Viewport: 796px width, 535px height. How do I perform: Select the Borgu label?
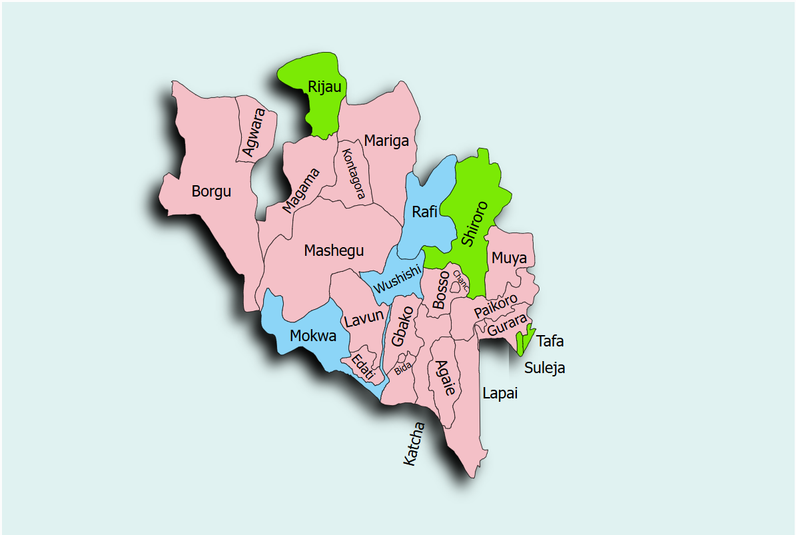click(x=211, y=192)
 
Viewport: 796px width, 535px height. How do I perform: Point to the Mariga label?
click(x=386, y=141)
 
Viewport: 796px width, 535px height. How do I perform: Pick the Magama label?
click(x=300, y=190)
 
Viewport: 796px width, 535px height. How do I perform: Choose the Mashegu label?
click(x=334, y=251)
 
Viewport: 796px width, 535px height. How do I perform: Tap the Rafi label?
click(x=424, y=213)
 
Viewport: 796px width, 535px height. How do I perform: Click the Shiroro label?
click(x=474, y=223)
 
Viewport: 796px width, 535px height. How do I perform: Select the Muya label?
click(x=509, y=258)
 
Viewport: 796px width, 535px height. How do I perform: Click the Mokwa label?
click(x=313, y=336)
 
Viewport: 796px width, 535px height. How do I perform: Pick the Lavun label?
click(x=364, y=318)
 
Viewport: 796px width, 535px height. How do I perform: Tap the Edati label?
click(x=364, y=366)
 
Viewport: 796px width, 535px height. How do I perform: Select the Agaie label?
click(x=444, y=378)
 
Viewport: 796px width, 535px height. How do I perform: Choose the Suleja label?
click(x=544, y=368)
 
